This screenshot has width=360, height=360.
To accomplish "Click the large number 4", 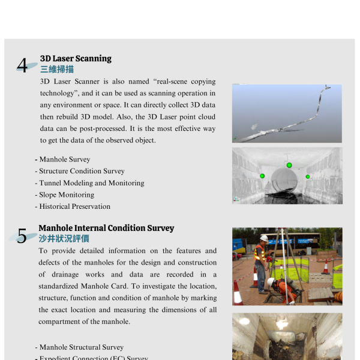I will click(22, 65).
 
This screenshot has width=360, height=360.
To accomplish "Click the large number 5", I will click(22, 236).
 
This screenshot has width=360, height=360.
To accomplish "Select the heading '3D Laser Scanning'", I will click(76, 58).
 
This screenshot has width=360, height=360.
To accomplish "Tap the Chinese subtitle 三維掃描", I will click(57, 69).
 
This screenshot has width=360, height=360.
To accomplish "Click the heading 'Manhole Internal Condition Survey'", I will click(106, 228).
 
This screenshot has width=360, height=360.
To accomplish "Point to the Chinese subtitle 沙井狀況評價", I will click(64, 239).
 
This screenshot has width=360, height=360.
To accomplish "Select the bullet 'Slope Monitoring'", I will click(66, 194).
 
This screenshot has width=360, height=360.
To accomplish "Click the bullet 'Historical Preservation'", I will click(74, 206).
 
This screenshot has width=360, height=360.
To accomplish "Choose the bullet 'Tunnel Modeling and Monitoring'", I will click(91, 183).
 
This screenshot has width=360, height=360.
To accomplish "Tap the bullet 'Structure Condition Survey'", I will click(82, 171).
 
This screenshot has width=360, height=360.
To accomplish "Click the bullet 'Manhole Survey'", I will click(64, 160).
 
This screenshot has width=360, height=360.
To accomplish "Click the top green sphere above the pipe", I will click(289, 165).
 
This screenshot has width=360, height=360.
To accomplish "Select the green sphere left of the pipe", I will click(262, 176).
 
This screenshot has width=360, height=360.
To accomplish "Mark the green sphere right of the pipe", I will click(308, 176).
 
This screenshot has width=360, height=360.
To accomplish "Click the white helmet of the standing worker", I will click(262, 238).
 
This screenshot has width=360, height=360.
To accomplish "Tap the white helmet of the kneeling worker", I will click(271, 281).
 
